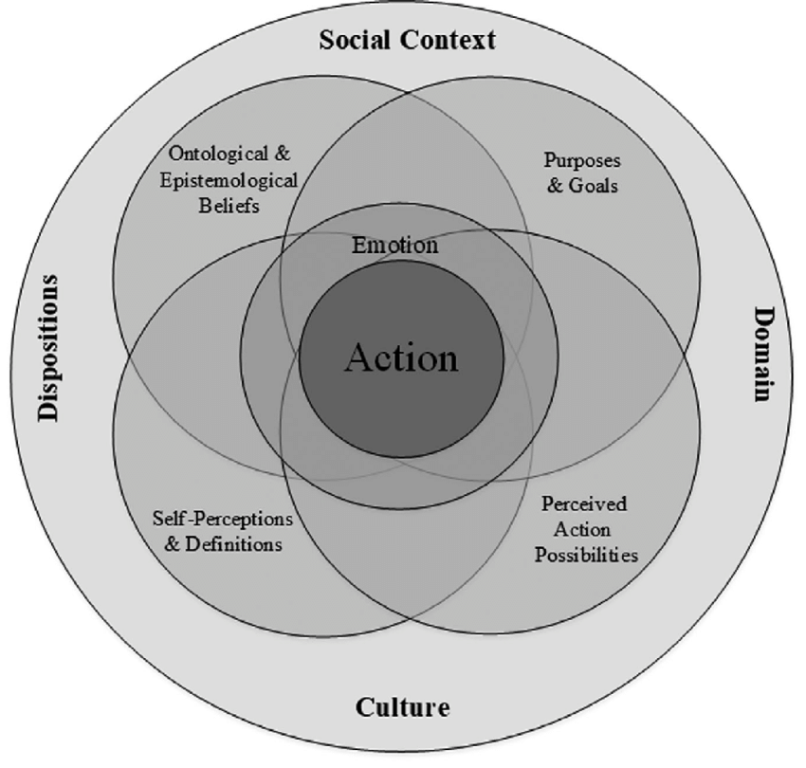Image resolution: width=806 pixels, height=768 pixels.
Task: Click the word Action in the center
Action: coord(401,359)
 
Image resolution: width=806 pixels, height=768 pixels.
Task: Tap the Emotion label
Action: coord(395,246)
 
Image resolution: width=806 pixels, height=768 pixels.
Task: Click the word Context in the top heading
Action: coord(451,40)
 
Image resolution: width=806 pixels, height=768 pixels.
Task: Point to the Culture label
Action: coord(402,707)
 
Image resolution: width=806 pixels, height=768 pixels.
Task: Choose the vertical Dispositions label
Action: coord(46,348)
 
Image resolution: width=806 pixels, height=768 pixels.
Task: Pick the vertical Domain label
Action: coord(760,354)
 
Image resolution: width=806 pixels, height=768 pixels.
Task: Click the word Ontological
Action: coord(216,155)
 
